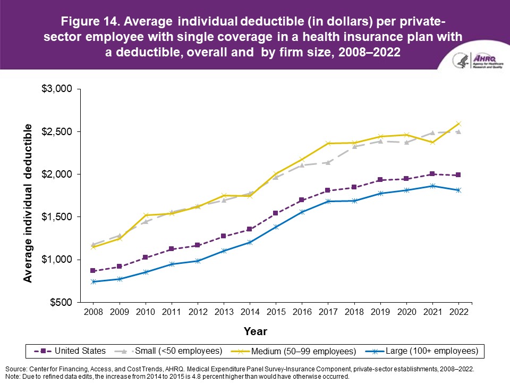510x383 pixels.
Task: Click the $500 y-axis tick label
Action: coord(60,302)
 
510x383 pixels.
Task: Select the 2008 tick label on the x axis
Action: coord(92,312)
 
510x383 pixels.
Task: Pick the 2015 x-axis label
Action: coord(275,312)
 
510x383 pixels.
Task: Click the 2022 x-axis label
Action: coord(458,312)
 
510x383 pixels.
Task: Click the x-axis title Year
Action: coord(255,331)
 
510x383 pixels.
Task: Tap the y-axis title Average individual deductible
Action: coord(28,203)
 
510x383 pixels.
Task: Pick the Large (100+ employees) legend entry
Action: coord(423,351)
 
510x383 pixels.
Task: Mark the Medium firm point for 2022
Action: coord(458,124)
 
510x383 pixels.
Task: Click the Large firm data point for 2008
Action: coord(93,281)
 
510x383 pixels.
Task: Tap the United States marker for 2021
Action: coord(432,174)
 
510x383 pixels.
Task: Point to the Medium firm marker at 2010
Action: coord(145,215)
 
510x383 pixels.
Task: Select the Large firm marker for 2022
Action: coord(458,190)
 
